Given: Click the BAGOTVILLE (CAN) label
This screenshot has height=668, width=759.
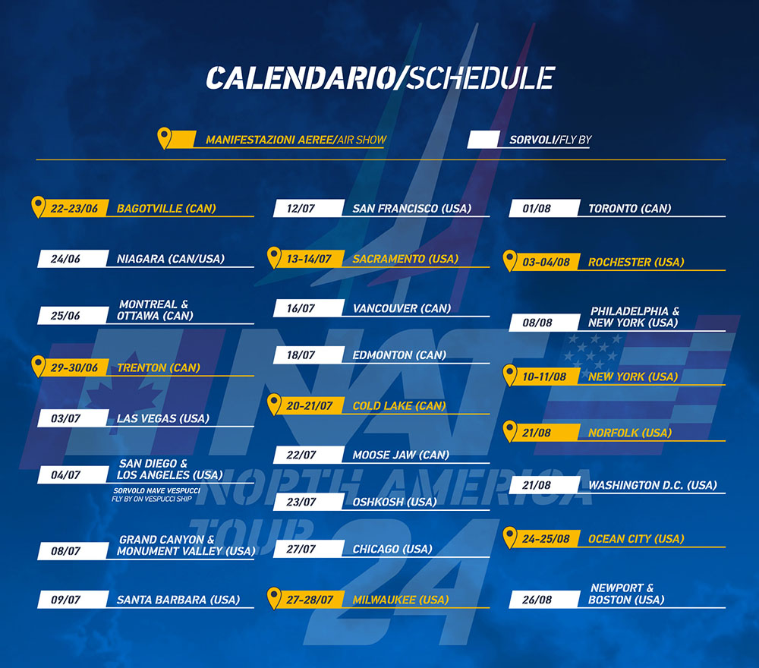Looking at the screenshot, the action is click(166, 209).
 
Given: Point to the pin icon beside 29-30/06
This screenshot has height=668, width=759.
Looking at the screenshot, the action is click(38, 366).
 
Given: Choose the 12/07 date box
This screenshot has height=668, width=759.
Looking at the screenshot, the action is click(309, 208).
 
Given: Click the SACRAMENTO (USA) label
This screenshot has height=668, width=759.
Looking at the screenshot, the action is click(405, 259).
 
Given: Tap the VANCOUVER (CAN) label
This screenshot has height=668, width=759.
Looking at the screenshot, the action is click(402, 308).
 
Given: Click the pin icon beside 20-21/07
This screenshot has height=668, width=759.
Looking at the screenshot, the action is click(274, 404).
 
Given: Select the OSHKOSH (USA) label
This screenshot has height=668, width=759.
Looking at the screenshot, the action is click(394, 502).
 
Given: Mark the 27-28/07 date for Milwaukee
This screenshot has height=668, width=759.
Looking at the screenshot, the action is click(310, 600).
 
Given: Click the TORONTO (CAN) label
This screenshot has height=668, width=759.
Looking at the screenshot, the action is click(629, 209).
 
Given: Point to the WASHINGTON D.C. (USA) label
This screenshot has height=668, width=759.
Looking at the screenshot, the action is click(653, 485).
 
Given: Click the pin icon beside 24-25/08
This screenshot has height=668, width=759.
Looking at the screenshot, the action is click(510, 537).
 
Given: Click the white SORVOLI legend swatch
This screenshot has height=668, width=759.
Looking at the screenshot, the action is click(483, 140).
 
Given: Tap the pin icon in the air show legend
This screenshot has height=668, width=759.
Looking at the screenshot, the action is click(165, 138).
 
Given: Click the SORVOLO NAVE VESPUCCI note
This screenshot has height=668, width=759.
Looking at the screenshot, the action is click(156, 490).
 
